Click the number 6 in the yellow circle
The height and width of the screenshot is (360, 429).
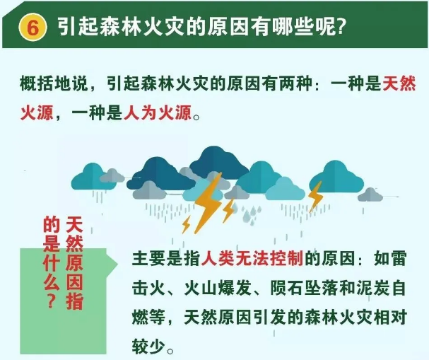(x=33, y=28)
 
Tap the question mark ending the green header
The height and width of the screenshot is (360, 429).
(x=340, y=27)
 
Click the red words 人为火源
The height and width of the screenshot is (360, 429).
(x=158, y=112)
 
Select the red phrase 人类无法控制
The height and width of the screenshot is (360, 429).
(x=252, y=258)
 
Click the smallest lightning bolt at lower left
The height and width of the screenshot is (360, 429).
(x=187, y=224)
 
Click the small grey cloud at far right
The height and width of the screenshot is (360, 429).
(x=370, y=194)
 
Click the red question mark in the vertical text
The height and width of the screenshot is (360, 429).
(x=51, y=301)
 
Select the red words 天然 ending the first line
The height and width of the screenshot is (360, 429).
(x=399, y=83)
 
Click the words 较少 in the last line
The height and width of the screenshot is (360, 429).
(x=149, y=346)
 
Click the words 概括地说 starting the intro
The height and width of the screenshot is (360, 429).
(x=54, y=83)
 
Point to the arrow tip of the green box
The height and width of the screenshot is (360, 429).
(x=118, y=265)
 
